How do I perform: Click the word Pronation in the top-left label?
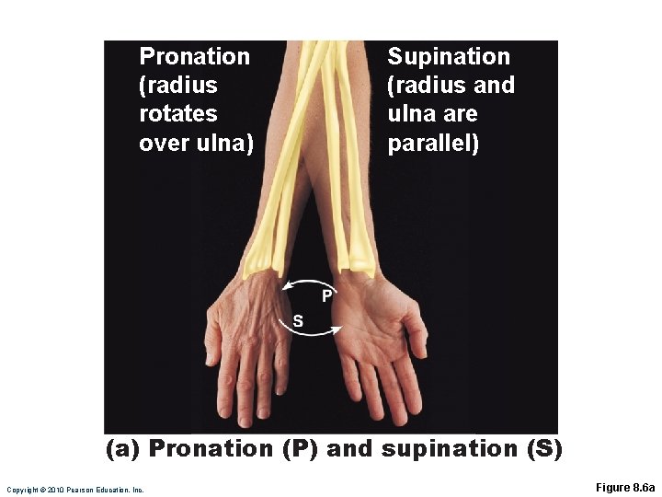click(x=194, y=57)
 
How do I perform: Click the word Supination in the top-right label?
click(x=448, y=57)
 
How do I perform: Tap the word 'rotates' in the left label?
click(x=177, y=114)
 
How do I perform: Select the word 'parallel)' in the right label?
click(x=433, y=144)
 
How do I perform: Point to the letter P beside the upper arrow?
click(x=326, y=295)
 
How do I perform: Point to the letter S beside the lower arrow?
click(x=297, y=320)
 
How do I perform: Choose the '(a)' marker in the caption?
click(x=124, y=448)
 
